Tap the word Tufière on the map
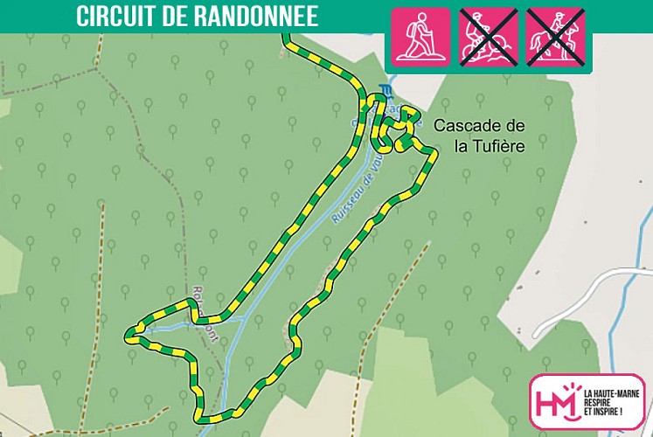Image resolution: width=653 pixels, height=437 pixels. tap(501, 145)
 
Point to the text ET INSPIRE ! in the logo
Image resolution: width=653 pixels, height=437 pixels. tap(603, 411)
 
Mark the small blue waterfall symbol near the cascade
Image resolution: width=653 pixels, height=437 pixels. tap(383, 88)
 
